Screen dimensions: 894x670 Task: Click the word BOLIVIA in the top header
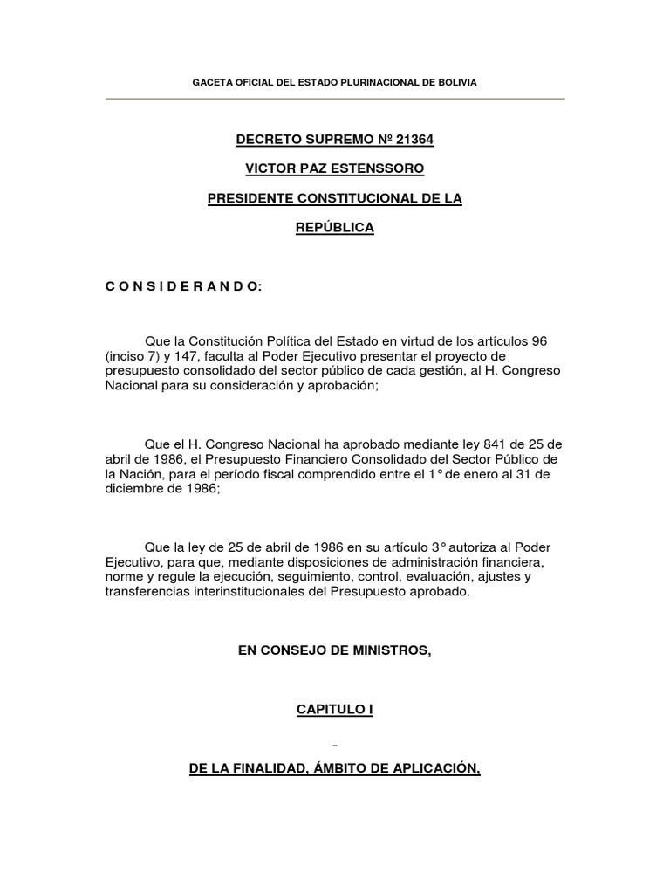(x=456, y=82)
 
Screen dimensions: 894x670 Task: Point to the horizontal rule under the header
(x=335, y=99)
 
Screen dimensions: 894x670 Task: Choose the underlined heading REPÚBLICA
(x=335, y=228)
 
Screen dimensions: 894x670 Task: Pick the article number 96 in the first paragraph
(x=538, y=340)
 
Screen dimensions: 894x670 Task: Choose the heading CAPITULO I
(x=335, y=711)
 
